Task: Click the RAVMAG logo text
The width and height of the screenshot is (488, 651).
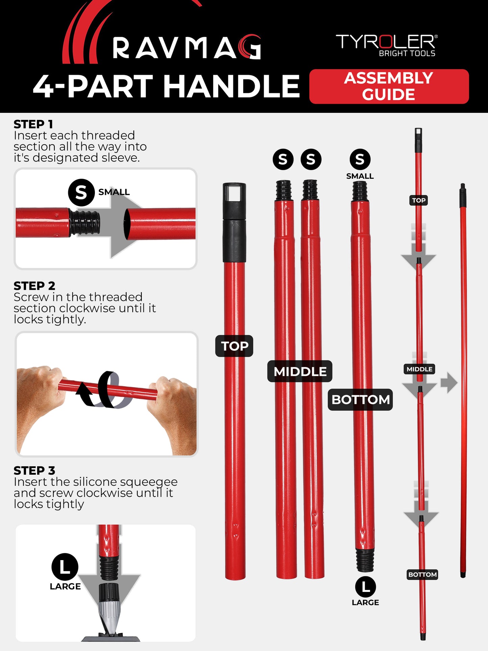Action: click(186, 48)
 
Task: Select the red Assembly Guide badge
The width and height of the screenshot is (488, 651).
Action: click(389, 86)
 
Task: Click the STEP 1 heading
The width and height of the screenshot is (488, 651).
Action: click(33, 124)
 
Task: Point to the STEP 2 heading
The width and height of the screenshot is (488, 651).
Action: click(34, 286)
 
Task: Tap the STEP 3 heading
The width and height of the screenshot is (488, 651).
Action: click(34, 470)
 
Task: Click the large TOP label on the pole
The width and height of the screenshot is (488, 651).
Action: click(234, 346)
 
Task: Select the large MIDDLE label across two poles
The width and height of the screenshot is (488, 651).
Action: click(300, 371)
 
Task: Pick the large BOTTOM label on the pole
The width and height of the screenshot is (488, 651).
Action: click(360, 400)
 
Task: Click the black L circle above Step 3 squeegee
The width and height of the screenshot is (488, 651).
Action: click(65, 567)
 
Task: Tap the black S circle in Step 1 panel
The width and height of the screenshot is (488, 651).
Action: click(81, 193)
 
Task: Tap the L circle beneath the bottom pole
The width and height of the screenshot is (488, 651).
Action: click(365, 587)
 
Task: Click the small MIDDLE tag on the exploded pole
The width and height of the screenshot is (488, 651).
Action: click(419, 369)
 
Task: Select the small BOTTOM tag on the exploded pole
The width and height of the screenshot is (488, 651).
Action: click(422, 575)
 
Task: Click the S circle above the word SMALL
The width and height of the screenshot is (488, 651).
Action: click(360, 159)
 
